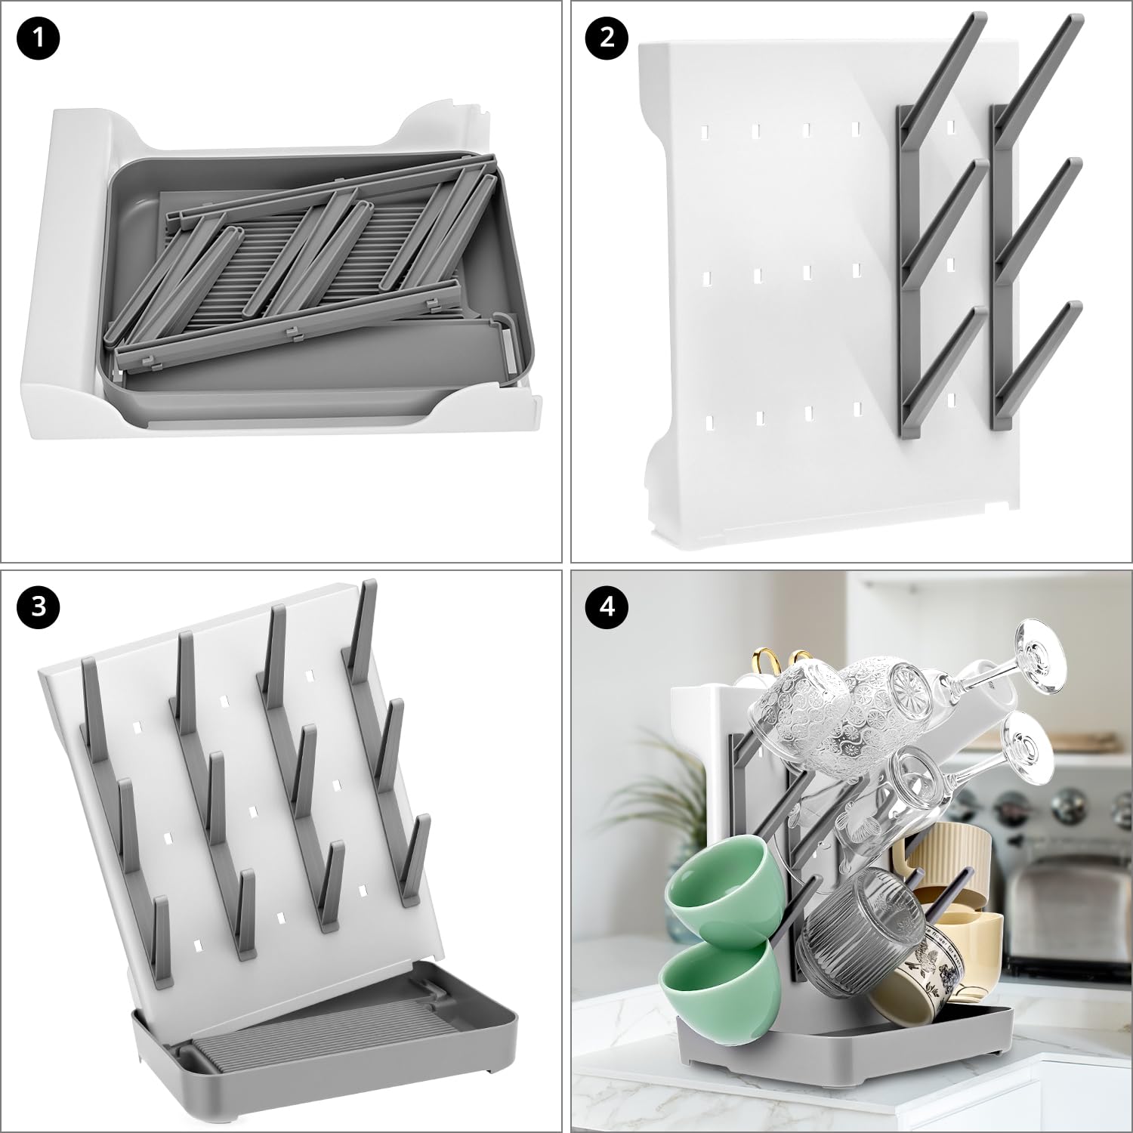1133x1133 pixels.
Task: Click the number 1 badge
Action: click(39, 39)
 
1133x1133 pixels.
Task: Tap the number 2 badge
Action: click(608, 39)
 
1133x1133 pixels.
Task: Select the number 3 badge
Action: click(39, 607)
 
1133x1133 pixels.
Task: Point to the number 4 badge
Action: click(608, 607)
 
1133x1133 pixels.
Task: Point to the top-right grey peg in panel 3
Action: click(362, 619)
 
